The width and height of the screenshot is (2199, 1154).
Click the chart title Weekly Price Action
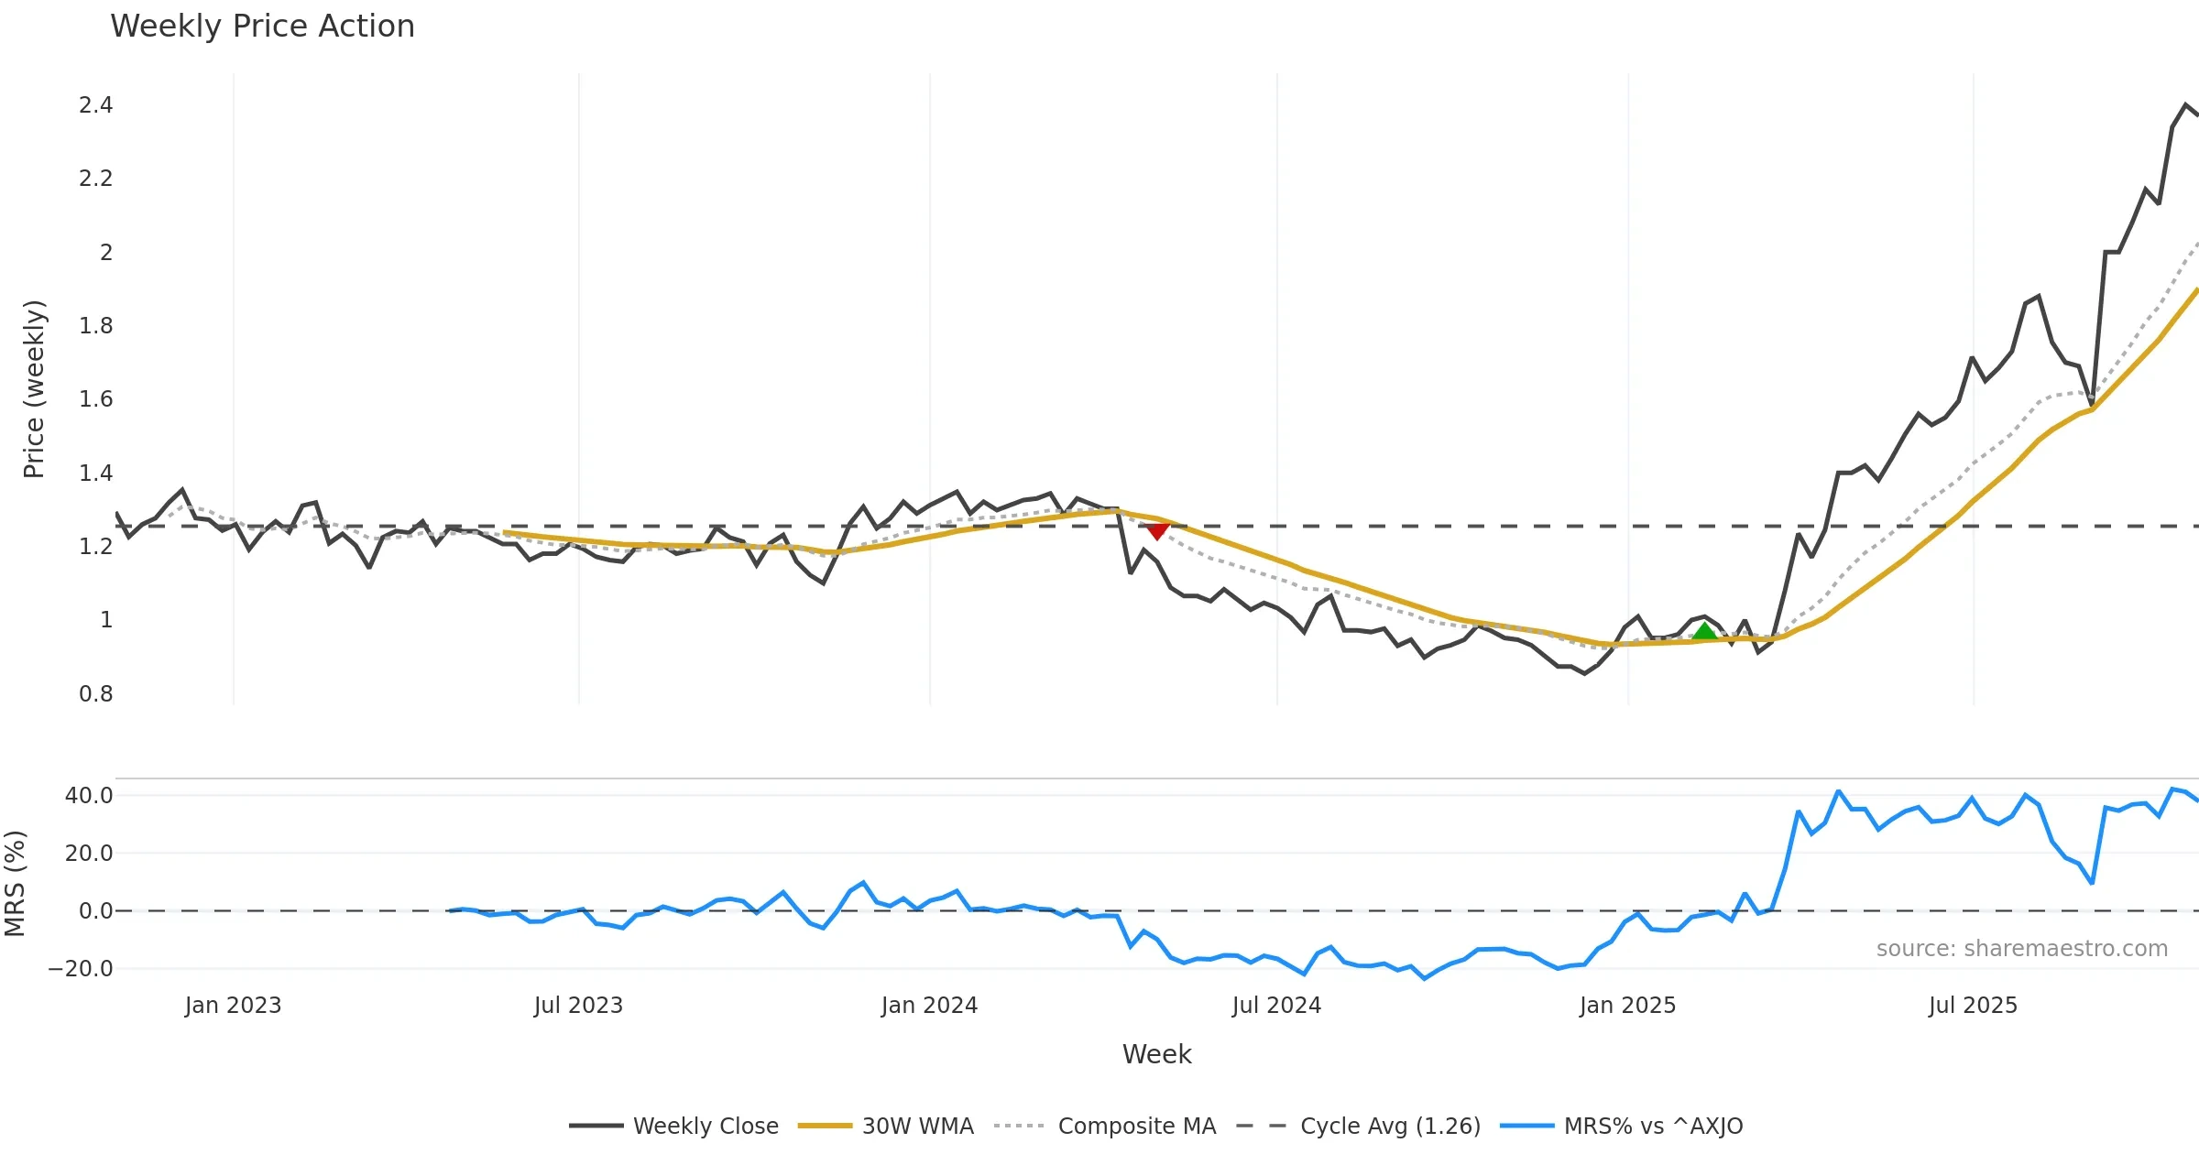(x=262, y=27)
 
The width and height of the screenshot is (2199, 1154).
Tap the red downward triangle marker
(x=1157, y=530)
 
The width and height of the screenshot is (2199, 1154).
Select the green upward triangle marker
(x=1704, y=631)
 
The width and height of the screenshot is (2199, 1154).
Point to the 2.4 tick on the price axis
(x=95, y=105)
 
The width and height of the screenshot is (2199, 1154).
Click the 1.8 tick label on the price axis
(x=95, y=326)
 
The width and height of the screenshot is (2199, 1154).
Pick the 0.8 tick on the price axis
(x=95, y=694)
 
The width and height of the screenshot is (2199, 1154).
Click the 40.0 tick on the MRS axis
(x=89, y=796)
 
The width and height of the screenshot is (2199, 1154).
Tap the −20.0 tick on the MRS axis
(x=81, y=969)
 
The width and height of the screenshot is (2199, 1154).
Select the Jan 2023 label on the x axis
(x=233, y=1006)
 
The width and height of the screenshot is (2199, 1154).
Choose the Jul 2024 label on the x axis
(x=1276, y=1006)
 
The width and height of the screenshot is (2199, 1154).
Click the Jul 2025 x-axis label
(x=1973, y=1006)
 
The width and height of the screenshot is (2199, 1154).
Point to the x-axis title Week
(x=1156, y=1055)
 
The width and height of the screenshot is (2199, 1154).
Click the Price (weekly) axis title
(x=34, y=389)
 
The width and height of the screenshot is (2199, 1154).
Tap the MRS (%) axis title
(x=15, y=884)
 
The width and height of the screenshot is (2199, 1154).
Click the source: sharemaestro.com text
(x=2021, y=949)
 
